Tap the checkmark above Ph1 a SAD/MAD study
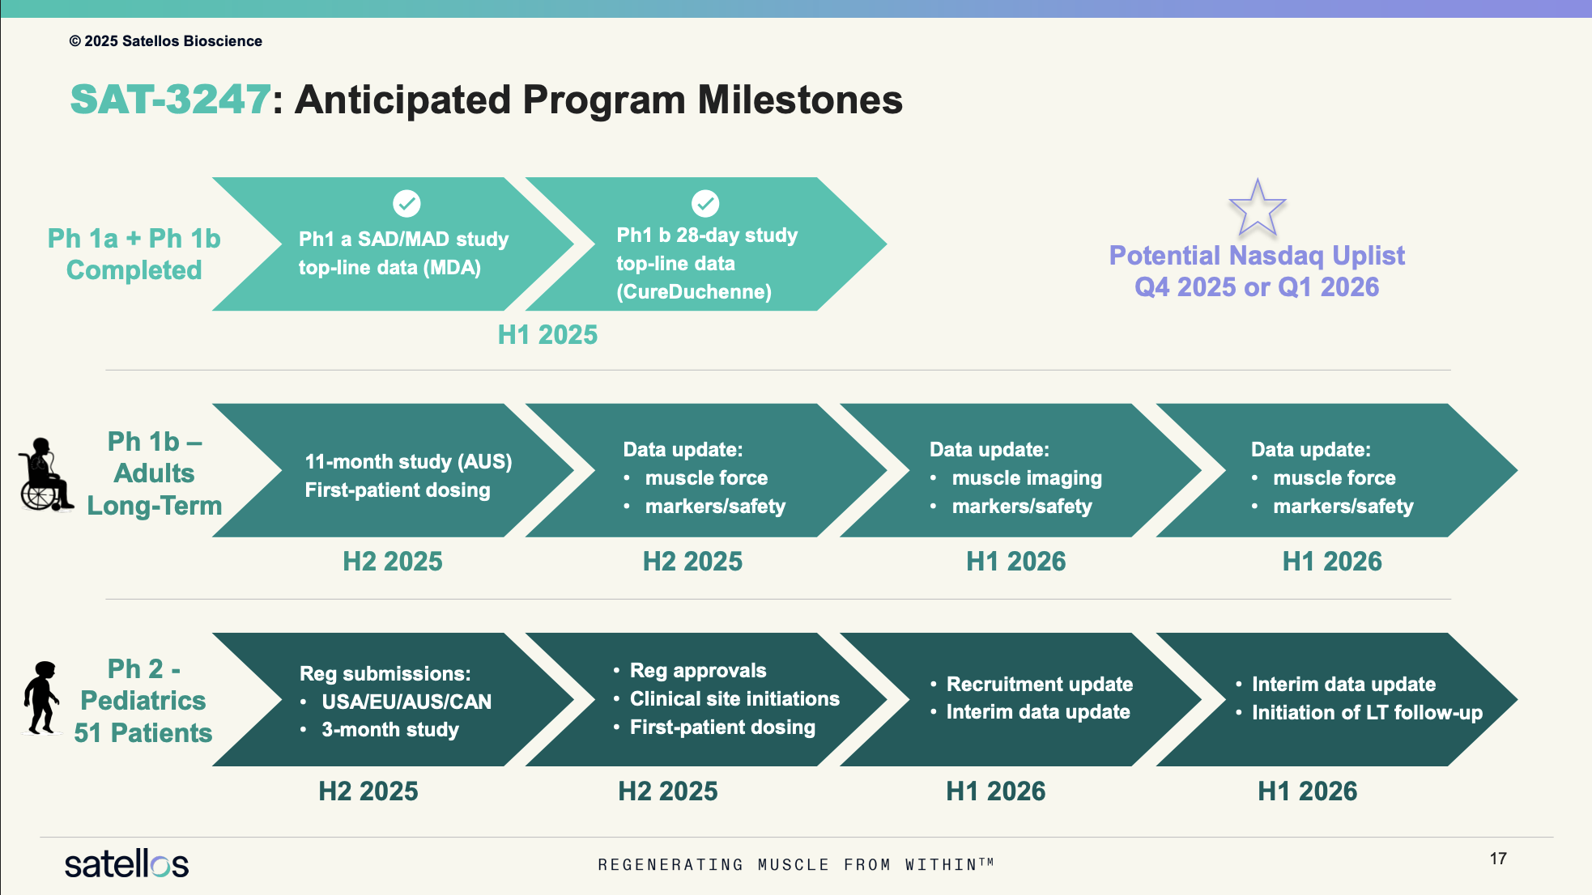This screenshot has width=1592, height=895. click(407, 203)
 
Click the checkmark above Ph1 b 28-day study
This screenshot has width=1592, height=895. click(705, 203)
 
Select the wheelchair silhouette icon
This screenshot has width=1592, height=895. click(45, 475)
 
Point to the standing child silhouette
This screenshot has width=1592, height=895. click(41, 698)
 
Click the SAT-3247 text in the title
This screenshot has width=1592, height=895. click(170, 100)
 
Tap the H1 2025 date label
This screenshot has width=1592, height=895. click(547, 334)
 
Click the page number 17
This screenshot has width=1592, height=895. click(1498, 859)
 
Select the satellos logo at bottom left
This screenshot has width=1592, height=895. click(126, 864)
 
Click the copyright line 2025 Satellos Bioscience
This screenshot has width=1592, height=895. click(165, 41)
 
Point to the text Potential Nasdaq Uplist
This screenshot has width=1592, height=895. click(1257, 256)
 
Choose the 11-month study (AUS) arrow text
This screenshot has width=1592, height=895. click(408, 461)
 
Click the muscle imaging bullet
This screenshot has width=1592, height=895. click(1027, 478)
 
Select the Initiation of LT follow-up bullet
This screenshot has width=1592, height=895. click(1367, 712)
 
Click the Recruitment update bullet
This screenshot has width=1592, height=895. click(1040, 684)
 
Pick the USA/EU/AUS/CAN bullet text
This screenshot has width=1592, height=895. click(407, 702)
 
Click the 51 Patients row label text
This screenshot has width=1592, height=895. click(143, 733)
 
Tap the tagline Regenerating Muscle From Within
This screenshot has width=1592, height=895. click(795, 864)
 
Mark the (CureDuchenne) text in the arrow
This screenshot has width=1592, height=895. click(694, 291)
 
